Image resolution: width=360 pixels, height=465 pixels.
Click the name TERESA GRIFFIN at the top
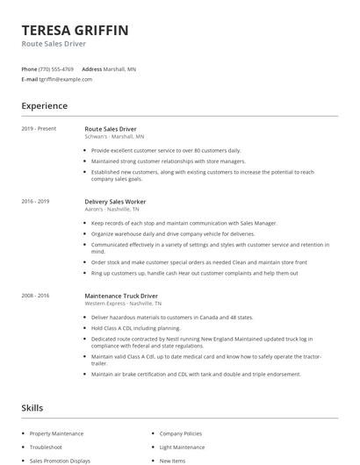(75, 31)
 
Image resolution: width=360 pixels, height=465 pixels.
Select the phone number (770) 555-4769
(57, 68)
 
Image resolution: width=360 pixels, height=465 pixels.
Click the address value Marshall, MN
(119, 68)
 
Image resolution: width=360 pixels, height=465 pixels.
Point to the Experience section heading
(44, 106)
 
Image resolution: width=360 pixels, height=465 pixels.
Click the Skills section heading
(32, 408)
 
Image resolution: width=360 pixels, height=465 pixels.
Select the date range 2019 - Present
(39, 129)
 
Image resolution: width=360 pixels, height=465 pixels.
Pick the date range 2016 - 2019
(35, 201)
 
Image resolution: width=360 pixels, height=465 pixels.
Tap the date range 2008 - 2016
(35, 296)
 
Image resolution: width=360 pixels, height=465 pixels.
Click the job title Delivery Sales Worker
(115, 201)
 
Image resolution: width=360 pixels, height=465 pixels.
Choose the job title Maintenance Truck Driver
(121, 296)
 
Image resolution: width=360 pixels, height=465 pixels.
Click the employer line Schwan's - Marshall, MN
(114, 137)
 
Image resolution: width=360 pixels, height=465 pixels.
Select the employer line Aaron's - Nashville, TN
(112, 209)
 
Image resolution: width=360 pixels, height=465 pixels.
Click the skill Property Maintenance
(56, 433)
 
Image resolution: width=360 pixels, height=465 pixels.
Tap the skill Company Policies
(180, 433)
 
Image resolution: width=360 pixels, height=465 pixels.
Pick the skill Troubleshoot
(46, 447)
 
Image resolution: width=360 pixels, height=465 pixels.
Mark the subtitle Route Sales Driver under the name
(54, 44)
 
